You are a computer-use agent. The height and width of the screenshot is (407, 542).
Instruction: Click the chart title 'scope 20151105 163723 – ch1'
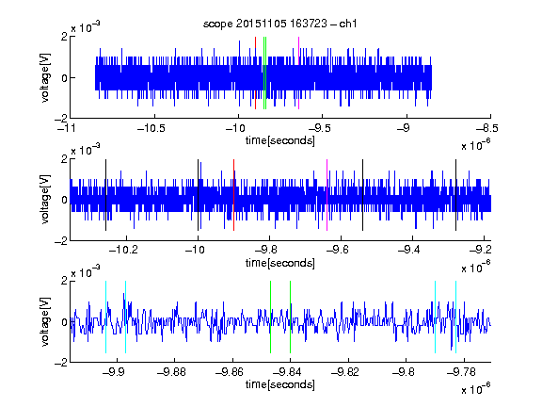coord(279,24)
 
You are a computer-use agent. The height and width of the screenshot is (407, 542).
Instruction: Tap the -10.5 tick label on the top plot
coord(151,128)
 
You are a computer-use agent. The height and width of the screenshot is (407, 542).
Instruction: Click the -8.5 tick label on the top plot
coord(487,128)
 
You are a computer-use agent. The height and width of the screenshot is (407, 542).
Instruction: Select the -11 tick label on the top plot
coord(67,128)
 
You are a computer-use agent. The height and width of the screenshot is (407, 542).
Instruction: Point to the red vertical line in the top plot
coord(255,73)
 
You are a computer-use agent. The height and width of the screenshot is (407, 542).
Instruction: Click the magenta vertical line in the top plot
coord(298,73)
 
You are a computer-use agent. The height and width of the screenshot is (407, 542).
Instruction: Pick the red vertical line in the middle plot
coord(233,195)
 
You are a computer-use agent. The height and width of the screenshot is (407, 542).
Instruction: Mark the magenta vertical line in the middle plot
coord(327,195)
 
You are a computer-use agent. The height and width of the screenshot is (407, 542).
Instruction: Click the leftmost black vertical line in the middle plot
coord(105,195)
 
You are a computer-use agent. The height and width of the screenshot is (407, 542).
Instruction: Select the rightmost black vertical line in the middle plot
coord(456,195)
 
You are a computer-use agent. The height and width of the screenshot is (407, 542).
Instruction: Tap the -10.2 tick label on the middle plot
coord(123,250)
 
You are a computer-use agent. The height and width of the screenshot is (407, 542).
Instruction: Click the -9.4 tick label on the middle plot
coord(409,250)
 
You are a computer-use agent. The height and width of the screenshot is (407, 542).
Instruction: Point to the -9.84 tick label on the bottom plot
coord(287,372)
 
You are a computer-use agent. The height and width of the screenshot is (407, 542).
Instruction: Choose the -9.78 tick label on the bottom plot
coord(461,372)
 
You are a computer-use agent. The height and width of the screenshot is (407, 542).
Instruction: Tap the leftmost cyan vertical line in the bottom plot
coord(105,317)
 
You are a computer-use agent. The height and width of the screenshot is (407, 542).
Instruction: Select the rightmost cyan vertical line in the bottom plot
coord(456,317)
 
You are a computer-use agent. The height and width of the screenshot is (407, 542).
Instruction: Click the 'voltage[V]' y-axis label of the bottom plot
coord(45,321)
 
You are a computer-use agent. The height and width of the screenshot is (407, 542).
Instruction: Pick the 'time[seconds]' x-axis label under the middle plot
coord(280,263)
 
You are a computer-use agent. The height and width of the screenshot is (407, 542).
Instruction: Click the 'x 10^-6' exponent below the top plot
coord(476,145)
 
